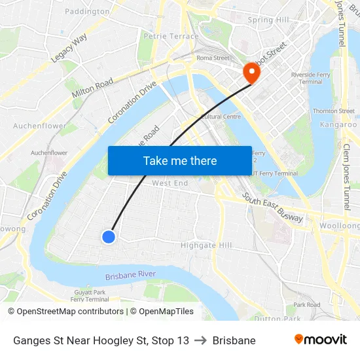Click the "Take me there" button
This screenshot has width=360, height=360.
180,160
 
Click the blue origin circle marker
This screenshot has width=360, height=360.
109,236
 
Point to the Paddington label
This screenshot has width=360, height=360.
88,11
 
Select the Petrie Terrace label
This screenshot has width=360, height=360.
171,37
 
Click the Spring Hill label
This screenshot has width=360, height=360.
268,20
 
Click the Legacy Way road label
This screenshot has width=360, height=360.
69,48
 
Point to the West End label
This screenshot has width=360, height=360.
170,183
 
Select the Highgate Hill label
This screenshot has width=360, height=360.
206,245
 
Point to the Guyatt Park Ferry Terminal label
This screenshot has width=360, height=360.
90,296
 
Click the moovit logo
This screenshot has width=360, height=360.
320,340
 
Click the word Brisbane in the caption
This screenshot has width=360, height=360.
234,340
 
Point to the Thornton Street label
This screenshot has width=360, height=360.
334,111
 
